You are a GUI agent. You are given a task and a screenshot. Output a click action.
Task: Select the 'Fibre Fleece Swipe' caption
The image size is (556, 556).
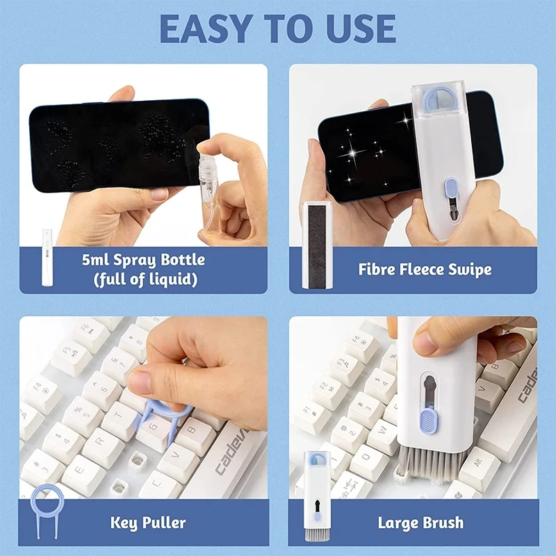tap(425, 270)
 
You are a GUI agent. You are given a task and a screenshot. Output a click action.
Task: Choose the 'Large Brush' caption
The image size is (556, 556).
tap(420, 522)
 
